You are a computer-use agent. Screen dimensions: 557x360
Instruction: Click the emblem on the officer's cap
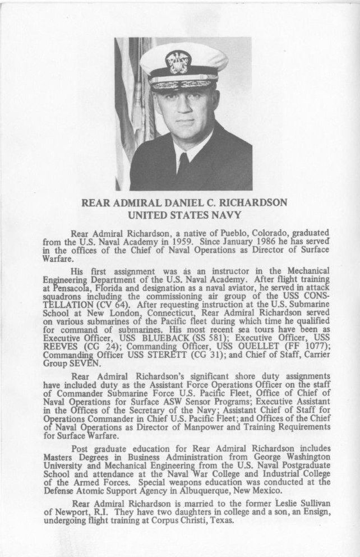(x=178, y=61)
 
